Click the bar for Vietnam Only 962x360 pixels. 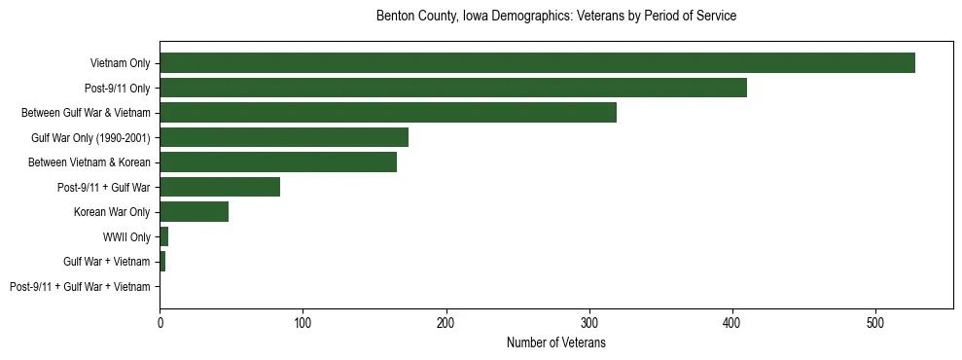click(x=537, y=63)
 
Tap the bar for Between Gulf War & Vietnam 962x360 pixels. click(x=388, y=113)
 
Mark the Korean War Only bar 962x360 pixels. click(x=195, y=212)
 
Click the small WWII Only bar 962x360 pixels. click(x=164, y=236)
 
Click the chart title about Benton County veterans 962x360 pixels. click(x=555, y=17)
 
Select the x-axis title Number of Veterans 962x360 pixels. click(x=555, y=342)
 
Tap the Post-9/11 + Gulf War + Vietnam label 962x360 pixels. click(x=80, y=286)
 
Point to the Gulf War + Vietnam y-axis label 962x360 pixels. click(x=107, y=262)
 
